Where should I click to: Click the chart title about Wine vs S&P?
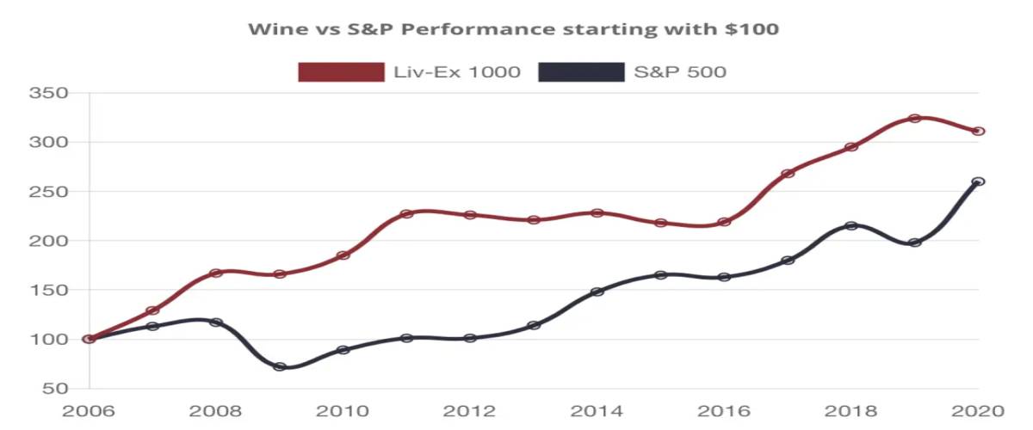513,29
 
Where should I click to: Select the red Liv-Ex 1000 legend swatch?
341,72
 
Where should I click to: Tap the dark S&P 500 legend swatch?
581,72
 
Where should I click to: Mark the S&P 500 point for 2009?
280,366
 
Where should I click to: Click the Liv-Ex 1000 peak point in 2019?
915,119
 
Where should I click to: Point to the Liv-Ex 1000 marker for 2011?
406,213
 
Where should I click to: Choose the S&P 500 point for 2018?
851,225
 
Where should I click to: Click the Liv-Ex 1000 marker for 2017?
788,173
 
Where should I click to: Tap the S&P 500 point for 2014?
597,292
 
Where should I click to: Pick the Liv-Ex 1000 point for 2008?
216,273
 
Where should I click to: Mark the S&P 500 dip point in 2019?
915,243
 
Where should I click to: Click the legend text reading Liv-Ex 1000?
456,72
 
